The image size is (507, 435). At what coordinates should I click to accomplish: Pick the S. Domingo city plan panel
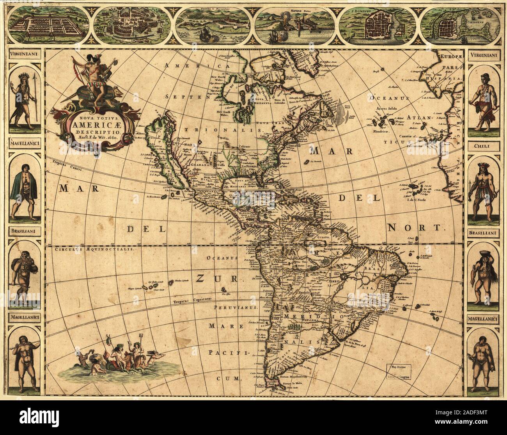[378, 24]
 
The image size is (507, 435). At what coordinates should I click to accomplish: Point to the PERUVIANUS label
[238, 307]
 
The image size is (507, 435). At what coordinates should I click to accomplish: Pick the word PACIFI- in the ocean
[228, 352]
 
